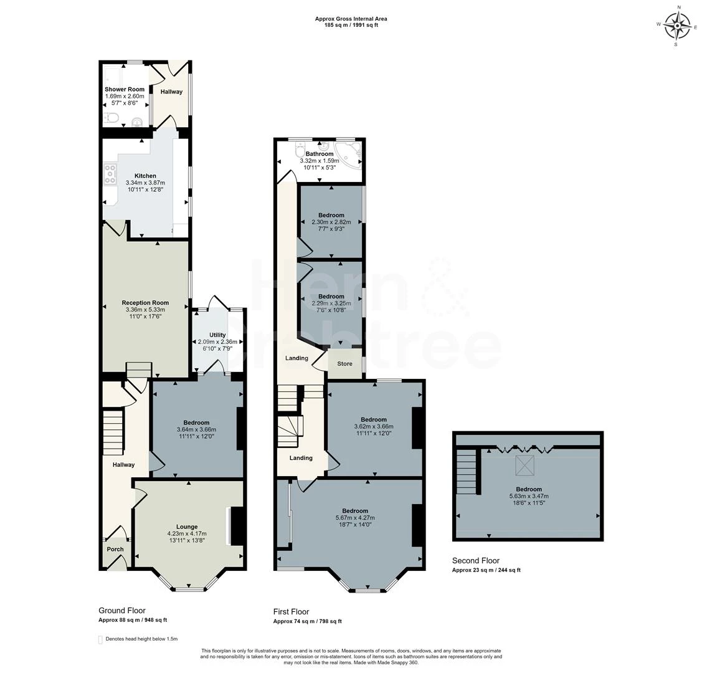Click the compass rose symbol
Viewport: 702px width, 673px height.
[676, 25]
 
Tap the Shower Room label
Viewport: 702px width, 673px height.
[125, 89]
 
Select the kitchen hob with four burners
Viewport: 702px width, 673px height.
[111, 174]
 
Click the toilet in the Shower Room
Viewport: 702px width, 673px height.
[111, 118]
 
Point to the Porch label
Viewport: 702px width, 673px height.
[115, 549]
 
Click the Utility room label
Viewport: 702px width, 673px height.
[217, 335]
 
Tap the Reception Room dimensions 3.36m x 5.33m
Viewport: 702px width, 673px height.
[146, 310]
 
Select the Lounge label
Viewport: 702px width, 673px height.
[187, 527]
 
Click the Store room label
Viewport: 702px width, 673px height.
[344, 363]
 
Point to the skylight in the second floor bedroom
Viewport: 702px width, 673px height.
[522, 465]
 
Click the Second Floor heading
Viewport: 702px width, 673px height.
[475, 560]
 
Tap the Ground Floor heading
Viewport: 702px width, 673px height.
[122, 610]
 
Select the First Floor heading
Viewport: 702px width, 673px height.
[291, 612]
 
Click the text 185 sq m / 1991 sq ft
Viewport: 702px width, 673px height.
[351, 25]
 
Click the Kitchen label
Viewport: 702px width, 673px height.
[145, 176]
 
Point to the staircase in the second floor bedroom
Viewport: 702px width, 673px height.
[467, 471]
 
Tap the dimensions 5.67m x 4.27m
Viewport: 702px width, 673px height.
[355, 518]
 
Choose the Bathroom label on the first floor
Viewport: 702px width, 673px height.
[319, 153]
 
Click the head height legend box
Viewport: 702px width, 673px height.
[100, 639]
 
